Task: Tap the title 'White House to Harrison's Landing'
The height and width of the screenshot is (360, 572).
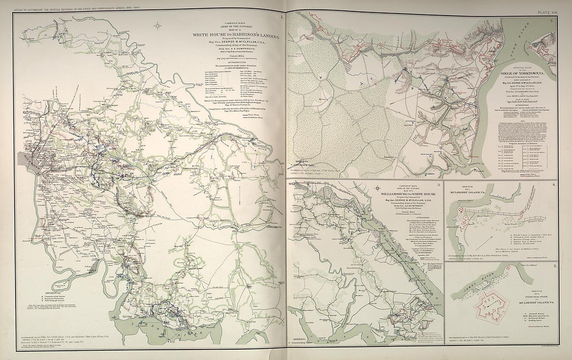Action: pyautogui.click(x=236, y=36)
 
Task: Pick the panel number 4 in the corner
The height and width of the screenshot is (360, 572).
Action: pyautogui.click(x=554, y=185)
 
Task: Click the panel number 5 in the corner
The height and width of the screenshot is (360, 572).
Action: pyautogui.click(x=554, y=266)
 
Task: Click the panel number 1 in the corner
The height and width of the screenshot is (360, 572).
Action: pyautogui.click(x=281, y=17)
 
